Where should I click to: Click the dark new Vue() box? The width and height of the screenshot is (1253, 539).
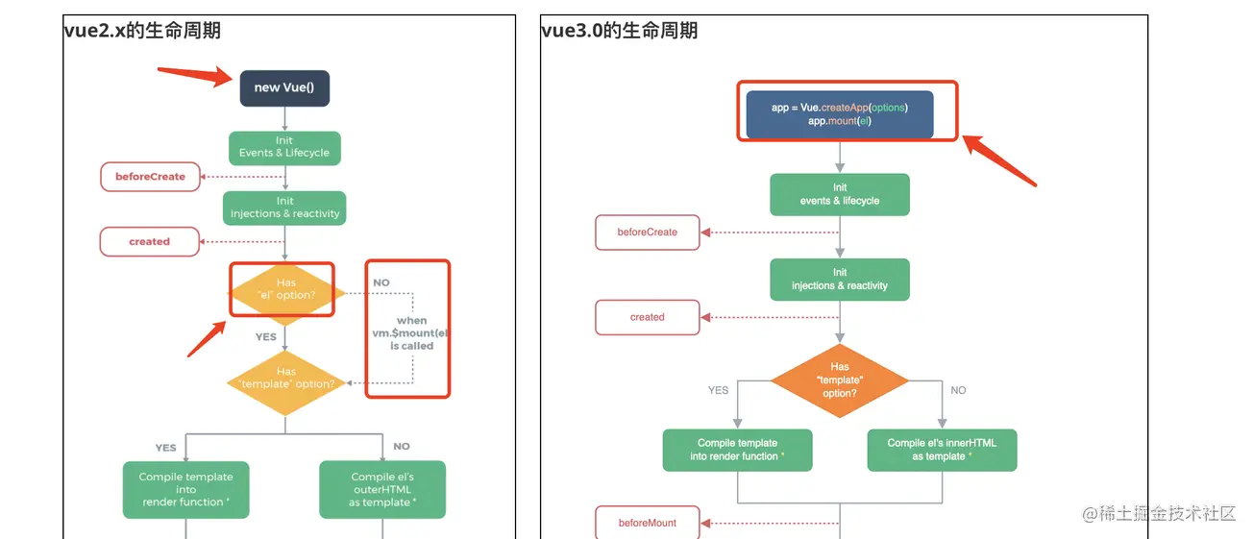(x=284, y=87)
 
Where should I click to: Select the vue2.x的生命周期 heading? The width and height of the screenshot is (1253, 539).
(x=142, y=31)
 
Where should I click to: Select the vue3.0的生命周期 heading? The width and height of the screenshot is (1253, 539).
(x=619, y=31)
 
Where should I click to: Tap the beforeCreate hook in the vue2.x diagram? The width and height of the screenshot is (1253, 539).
(x=150, y=177)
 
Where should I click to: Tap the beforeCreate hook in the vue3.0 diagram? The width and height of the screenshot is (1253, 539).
(x=647, y=233)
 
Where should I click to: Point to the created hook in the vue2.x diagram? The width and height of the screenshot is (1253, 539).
(x=149, y=242)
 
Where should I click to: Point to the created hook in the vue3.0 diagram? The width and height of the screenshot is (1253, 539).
(x=647, y=317)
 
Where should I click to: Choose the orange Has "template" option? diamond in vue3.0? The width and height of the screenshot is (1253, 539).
(x=840, y=380)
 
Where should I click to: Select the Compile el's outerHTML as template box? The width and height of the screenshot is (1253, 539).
(x=382, y=489)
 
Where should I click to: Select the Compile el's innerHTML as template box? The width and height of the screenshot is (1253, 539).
(x=942, y=450)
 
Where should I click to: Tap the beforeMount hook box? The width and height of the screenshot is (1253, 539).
(x=647, y=523)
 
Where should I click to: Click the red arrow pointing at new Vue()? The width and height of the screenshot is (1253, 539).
(x=194, y=75)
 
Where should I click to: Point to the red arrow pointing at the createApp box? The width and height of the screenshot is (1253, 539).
(x=999, y=160)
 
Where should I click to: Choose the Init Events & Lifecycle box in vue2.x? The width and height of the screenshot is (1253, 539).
(x=284, y=147)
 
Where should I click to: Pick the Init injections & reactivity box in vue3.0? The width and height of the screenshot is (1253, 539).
(x=840, y=280)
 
